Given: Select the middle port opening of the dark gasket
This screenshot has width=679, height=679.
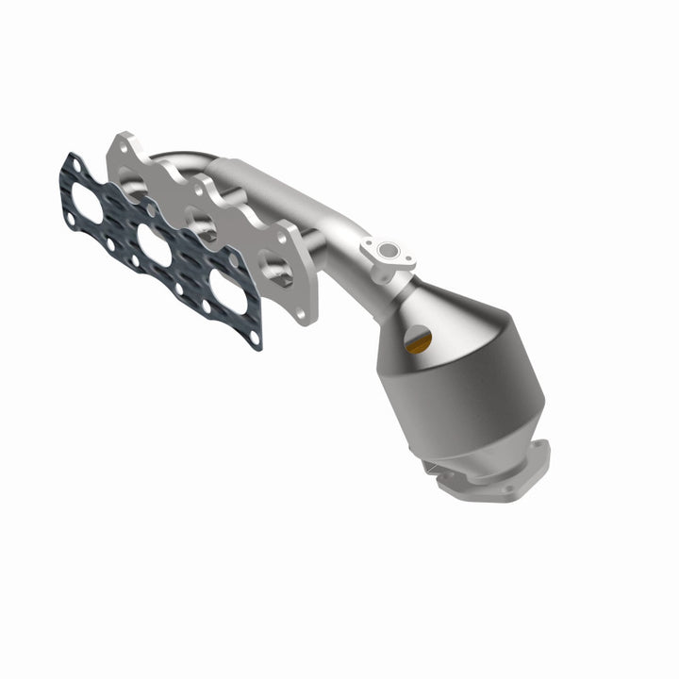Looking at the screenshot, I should [155, 248].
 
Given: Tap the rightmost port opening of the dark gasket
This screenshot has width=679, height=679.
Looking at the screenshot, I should [228, 291].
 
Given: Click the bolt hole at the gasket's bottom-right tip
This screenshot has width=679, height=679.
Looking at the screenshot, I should [252, 338].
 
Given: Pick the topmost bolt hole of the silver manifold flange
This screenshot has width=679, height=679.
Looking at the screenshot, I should [120, 147].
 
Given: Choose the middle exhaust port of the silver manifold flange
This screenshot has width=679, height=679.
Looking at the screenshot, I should [202, 225].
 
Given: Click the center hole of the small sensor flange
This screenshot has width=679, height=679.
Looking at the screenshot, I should [386, 251].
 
